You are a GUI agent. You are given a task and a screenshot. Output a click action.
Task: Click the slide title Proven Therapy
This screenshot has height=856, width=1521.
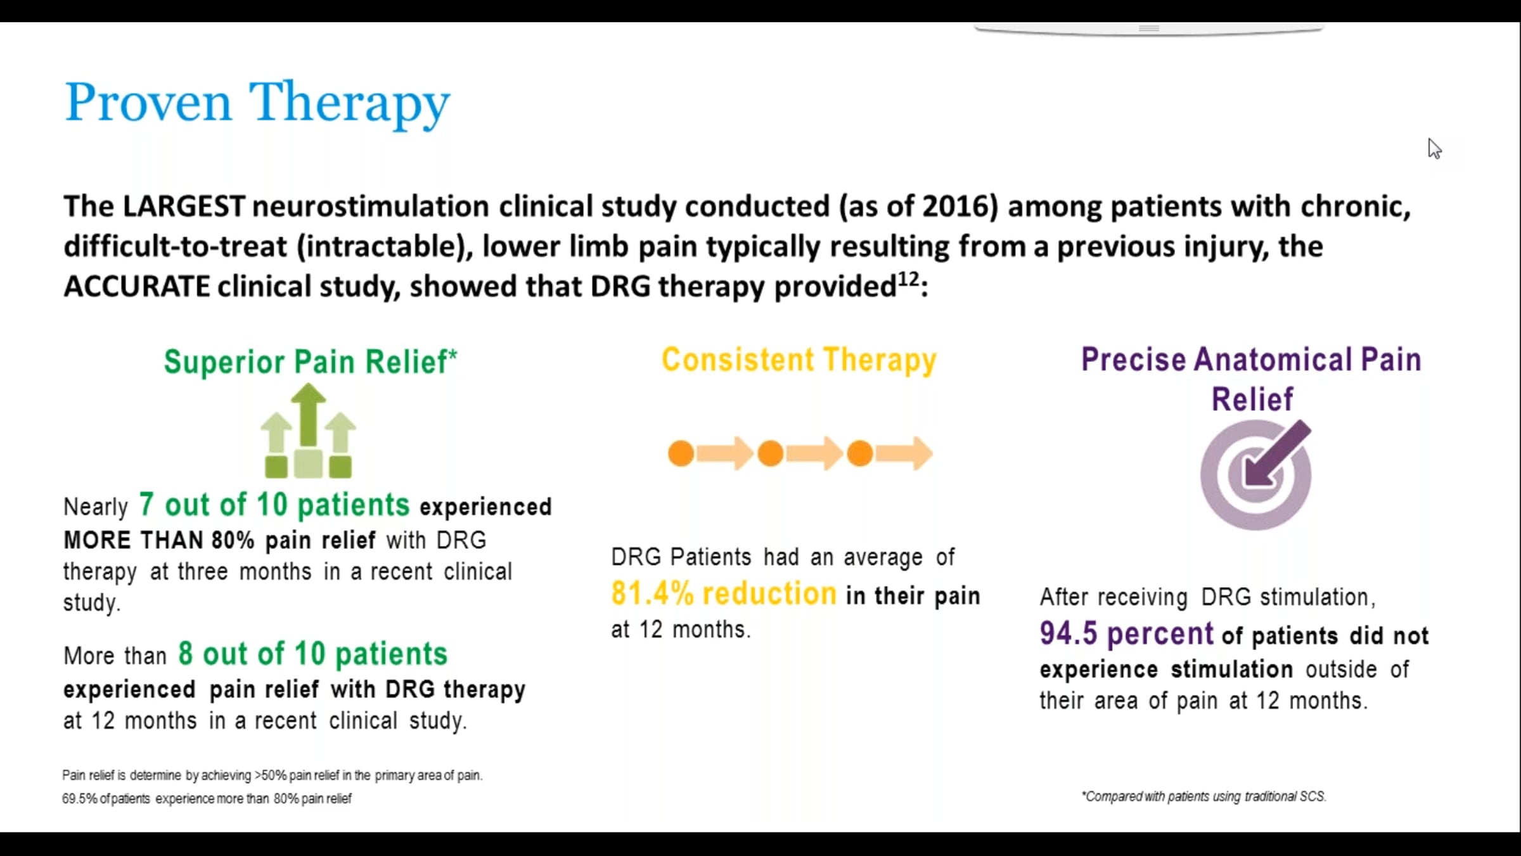(x=257, y=103)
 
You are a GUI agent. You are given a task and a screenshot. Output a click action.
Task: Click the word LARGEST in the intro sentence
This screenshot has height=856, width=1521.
(x=184, y=207)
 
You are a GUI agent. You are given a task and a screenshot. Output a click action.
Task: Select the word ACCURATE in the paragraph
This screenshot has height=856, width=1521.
(x=137, y=287)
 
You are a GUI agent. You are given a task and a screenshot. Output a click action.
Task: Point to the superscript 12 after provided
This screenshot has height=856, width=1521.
(x=908, y=279)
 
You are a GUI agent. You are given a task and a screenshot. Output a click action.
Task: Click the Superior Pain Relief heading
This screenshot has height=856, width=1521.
(x=311, y=362)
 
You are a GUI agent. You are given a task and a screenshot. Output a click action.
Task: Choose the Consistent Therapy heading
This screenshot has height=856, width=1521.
(x=799, y=360)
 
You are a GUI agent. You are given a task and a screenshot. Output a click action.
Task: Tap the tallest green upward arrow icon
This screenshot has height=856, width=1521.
(x=309, y=415)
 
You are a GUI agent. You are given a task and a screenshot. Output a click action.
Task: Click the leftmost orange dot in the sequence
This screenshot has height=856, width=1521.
(x=681, y=454)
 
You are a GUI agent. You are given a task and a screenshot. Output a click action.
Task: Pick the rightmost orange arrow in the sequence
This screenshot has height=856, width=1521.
(x=904, y=453)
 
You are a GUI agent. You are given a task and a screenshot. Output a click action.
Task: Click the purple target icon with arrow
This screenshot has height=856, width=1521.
(x=1255, y=475)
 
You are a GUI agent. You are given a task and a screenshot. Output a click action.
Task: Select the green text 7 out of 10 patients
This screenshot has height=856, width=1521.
(x=274, y=505)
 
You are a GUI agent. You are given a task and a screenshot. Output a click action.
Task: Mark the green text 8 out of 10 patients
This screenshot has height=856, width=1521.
(x=313, y=654)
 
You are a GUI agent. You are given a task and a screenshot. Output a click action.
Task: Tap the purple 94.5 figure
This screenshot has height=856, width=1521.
(x=1068, y=633)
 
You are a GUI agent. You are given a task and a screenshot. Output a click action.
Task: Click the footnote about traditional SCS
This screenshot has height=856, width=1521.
(x=1203, y=796)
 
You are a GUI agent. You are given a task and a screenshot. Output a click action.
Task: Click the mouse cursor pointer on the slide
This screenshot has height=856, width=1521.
(x=1434, y=148)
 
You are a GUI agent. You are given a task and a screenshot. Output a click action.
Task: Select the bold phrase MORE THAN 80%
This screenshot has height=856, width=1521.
(x=159, y=541)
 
